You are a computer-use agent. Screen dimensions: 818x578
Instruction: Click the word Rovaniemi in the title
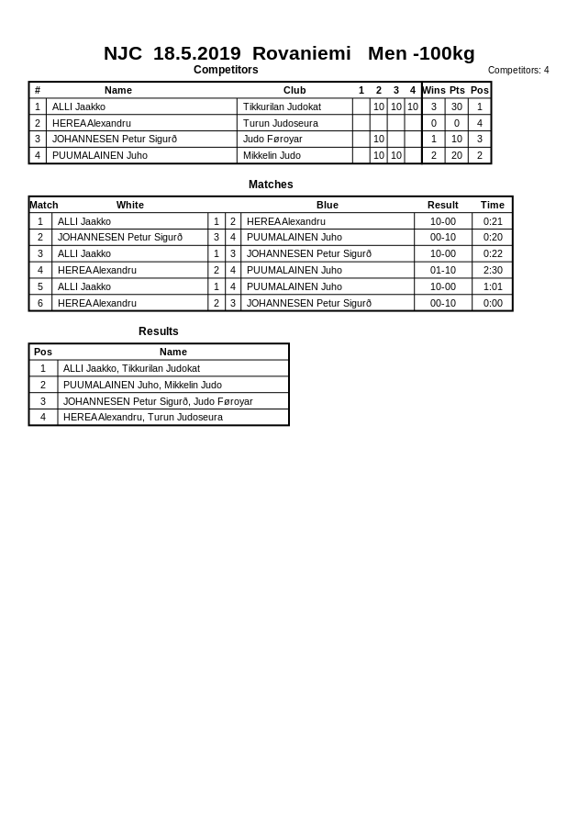pyautogui.click(x=301, y=53)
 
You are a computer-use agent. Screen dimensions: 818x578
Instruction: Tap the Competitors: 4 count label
pyautogui.click(x=518, y=70)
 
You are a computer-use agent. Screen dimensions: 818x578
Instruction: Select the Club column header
pyautogui.click(x=295, y=90)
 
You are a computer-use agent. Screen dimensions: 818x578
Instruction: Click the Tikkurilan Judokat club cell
pyautogui.click(x=282, y=106)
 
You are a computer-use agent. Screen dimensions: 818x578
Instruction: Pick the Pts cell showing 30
pyautogui.click(x=457, y=106)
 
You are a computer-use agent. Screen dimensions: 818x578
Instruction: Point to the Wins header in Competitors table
pyautogui.click(x=434, y=90)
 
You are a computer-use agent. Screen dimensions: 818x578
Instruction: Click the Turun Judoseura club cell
pyautogui.click(x=281, y=123)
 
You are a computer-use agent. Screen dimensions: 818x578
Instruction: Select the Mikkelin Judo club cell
pyautogui.click(x=272, y=155)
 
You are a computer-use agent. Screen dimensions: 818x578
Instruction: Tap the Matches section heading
pyautogui.click(x=271, y=185)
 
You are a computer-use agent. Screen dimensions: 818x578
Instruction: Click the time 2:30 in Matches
pyautogui.click(x=493, y=270)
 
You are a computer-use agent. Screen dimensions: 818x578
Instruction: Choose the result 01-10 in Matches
pyautogui.click(x=443, y=270)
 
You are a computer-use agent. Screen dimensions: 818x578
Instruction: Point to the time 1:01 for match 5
pyautogui.click(x=493, y=286)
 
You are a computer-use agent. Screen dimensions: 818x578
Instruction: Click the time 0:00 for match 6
pyautogui.click(x=493, y=303)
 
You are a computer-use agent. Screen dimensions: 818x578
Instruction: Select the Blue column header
pyautogui.click(x=328, y=205)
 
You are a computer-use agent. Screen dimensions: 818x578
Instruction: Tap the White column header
pyautogui.click(x=130, y=205)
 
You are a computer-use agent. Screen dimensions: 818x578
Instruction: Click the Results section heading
pyautogui.click(x=159, y=331)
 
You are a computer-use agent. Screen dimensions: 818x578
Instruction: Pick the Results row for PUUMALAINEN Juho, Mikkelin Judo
pyautogui.click(x=142, y=385)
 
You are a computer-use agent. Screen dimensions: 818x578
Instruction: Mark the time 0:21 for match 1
pyautogui.click(x=493, y=221)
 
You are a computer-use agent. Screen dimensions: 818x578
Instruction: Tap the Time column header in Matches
pyautogui.click(x=493, y=205)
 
